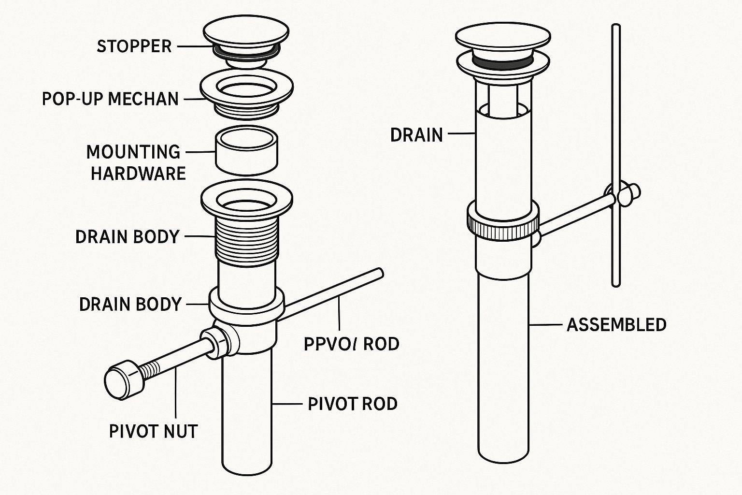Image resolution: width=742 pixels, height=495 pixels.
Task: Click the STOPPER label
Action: (134, 46)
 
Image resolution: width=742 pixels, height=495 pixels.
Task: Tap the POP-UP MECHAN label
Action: (110, 99)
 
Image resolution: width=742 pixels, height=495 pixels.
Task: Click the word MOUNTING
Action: (133, 152)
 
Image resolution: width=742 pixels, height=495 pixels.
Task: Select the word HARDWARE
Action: (138, 173)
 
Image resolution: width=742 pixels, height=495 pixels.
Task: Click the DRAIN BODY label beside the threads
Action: (127, 237)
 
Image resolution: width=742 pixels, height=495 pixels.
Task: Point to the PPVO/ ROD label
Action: (351, 344)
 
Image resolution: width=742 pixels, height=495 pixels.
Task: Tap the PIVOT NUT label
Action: (153, 431)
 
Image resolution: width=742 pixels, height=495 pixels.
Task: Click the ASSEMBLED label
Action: (616, 324)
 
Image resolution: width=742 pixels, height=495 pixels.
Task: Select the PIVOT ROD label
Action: (352, 404)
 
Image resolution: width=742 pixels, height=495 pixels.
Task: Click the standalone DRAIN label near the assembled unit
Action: (416, 135)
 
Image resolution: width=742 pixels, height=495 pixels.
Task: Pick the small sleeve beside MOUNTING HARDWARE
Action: (246, 150)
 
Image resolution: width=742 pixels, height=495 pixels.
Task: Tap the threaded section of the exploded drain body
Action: (246, 239)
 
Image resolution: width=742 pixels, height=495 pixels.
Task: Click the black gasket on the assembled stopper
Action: (502, 60)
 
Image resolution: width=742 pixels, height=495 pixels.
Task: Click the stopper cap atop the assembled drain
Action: (502, 36)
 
